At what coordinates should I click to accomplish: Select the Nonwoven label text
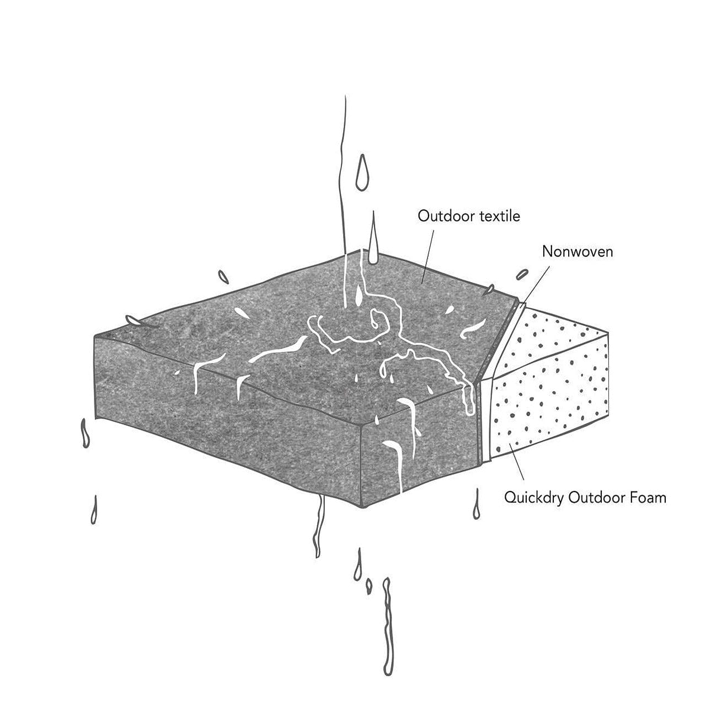point(577,252)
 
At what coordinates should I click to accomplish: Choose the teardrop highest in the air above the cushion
point(361,174)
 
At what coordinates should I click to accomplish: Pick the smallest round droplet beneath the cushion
point(369,586)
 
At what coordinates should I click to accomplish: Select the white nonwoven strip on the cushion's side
point(485,419)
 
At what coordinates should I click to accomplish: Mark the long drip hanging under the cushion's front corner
point(318,527)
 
